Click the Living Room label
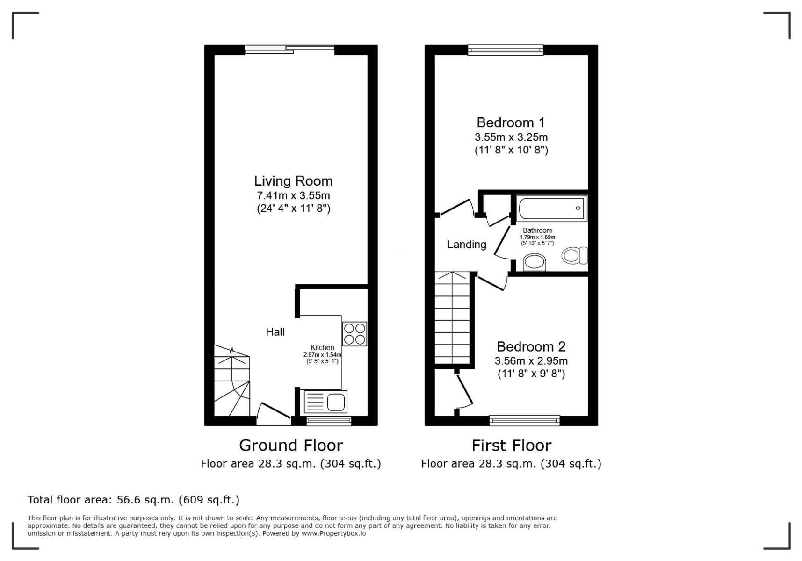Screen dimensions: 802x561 (x=293, y=181)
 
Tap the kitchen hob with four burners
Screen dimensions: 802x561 (x=354, y=334)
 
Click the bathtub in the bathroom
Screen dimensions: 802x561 (x=551, y=208)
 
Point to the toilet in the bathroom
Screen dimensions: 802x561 (x=574, y=255)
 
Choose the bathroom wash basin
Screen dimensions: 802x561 (x=534, y=262)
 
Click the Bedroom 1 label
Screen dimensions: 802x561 (x=511, y=122)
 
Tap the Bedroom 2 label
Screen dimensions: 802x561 (x=531, y=346)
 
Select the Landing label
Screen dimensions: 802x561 (x=466, y=245)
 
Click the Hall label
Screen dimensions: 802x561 (x=275, y=332)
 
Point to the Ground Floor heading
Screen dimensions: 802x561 (x=291, y=445)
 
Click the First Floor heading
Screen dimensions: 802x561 (x=511, y=445)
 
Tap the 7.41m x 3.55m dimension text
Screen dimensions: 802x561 (x=293, y=195)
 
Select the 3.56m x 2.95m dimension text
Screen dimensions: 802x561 (x=531, y=361)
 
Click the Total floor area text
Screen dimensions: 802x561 (x=133, y=500)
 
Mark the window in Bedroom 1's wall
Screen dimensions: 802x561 (x=506, y=50)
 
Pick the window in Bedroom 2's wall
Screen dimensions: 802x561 (x=525, y=421)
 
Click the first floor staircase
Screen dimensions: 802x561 (x=453, y=318)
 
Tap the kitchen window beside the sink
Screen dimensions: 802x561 (x=329, y=421)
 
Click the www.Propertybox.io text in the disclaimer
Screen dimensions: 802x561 (x=333, y=533)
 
